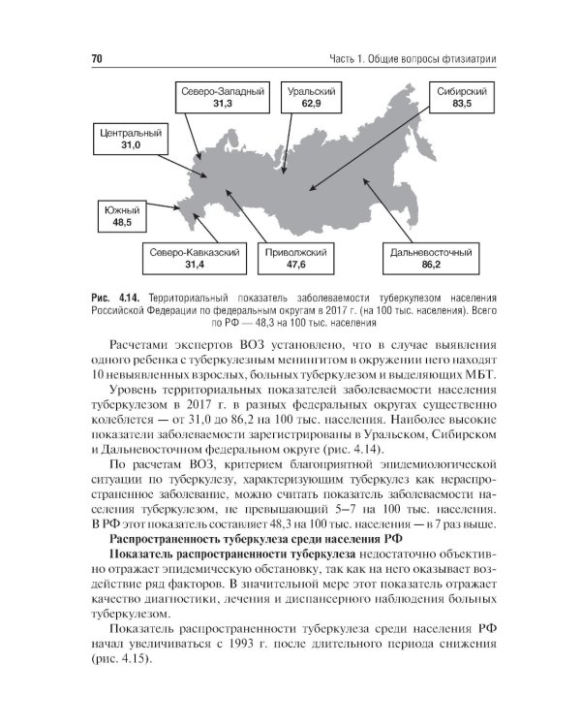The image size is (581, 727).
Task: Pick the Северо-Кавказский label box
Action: coord(195,258)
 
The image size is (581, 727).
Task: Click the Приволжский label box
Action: coord(296,258)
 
